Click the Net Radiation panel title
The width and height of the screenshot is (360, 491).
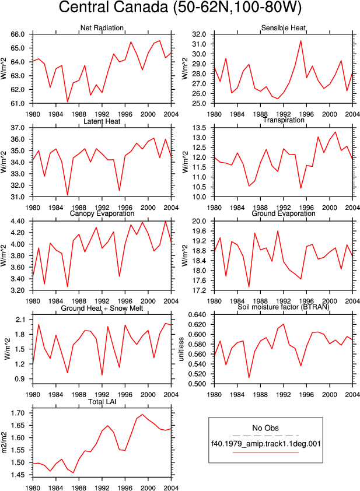point(102,28)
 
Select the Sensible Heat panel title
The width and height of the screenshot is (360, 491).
point(283,28)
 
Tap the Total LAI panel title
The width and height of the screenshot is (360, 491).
point(102,402)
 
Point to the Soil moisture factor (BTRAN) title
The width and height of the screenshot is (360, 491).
point(283,307)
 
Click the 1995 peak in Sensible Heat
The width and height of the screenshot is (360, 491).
point(301,41)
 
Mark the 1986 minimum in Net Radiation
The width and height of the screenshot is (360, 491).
point(67,101)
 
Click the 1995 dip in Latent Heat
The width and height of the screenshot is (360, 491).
point(120,190)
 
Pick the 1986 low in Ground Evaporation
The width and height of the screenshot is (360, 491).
point(249,286)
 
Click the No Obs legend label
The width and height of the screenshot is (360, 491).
point(265,428)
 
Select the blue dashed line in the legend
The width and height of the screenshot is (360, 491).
point(265,436)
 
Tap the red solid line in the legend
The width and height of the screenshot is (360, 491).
point(265,452)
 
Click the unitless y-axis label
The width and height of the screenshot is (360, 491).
point(181,349)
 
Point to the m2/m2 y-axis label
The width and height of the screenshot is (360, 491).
point(4,443)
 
